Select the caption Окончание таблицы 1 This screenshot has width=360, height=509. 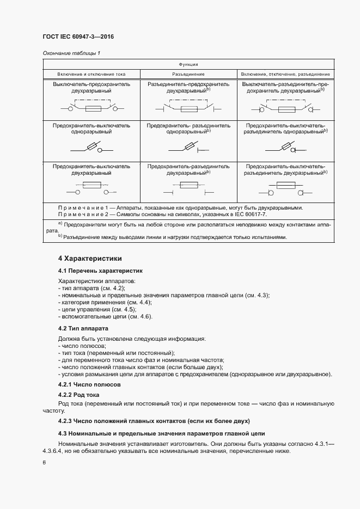pyautogui.click(x=71, y=53)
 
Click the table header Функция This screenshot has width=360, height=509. pyautogui.click(x=188, y=64)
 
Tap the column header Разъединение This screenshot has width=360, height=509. pyautogui.click(x=188, y=73)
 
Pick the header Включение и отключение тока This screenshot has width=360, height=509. pyautogui.click(x=91, y=73)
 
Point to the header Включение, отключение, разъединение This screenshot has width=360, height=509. pyautogui.click(x=285, y=73)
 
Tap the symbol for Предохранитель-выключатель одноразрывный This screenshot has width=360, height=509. pyautogui.click(x=91, y=148)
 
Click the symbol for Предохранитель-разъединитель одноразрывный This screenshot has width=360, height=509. pyautogui.click(x=188, y=148)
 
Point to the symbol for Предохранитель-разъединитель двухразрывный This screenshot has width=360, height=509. pyautogui.click(x=188, y=189)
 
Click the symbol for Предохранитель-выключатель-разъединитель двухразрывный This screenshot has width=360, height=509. pyautogui.click(x=285, y=189)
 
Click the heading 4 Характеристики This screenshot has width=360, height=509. pyautogui.click(x=90, y=258)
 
